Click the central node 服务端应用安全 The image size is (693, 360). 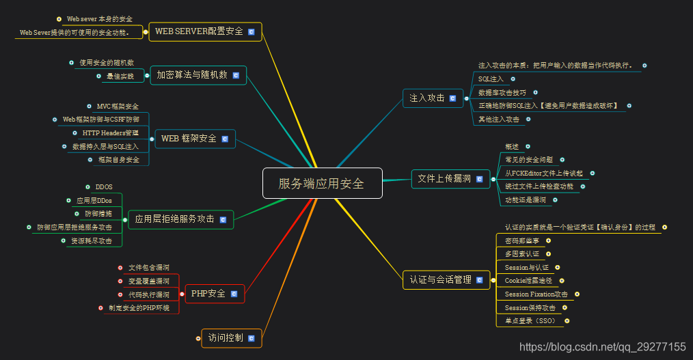point(322,183)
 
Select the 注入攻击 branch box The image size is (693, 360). point(427,98)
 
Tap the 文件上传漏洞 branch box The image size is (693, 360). point(444,179)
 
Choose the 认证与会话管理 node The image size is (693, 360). point(441,279)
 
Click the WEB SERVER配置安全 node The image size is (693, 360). point(199,31)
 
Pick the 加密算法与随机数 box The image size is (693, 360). point(191,75)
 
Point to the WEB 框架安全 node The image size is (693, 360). point(189,139)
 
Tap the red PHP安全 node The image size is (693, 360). point(208,294)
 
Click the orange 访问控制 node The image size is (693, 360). point(225,337)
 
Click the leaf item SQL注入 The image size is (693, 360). point(491,79)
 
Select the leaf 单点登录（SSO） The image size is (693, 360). point(530,320)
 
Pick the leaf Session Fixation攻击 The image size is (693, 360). point(536,294)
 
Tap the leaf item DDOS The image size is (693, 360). point(104,186)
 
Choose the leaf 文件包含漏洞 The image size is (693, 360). point(148,267)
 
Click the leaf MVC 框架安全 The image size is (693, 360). point(118,107)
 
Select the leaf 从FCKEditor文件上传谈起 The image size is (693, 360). point(544,174)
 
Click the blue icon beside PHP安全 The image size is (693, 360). point(234,294)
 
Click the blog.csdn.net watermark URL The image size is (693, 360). point(602,347)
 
